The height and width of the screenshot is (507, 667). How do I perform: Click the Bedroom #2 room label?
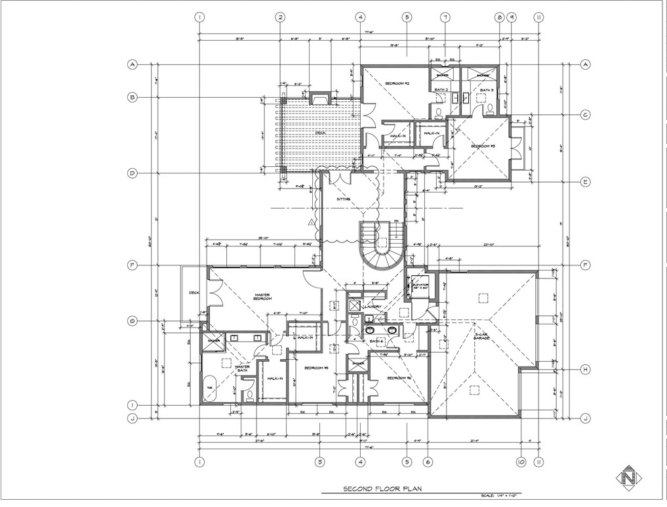coord(397,83)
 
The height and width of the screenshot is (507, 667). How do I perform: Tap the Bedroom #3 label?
coord(483,145)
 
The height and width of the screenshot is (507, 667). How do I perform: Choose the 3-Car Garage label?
coord(483,338)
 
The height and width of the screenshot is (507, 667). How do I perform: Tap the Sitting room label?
coord(344,198)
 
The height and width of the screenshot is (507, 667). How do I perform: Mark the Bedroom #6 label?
coord(399,378)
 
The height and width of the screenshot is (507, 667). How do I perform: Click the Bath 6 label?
coord(376,342)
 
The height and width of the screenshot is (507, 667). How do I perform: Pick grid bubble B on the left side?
coord(132,97)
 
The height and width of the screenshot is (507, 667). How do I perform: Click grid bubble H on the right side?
coord(584,370)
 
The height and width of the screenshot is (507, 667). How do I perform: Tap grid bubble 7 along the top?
coord(445,17)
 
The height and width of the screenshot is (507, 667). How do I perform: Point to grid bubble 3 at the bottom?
coord(319,461)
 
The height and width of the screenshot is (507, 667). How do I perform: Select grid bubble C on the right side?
coord(584,115)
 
